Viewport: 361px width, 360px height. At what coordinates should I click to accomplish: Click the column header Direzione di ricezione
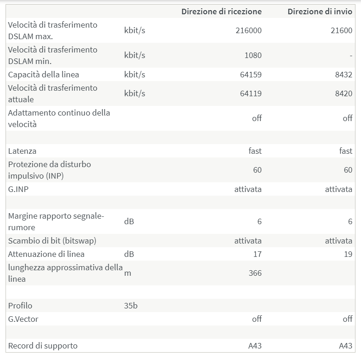tap(221, 12)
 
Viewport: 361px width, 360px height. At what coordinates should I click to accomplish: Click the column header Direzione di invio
tap(320, 12)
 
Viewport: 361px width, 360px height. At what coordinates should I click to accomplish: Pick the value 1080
tap(253, 55)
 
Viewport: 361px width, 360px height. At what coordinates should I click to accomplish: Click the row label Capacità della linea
tap(44, 75)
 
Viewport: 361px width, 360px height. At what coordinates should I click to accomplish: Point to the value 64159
tap(250, 75)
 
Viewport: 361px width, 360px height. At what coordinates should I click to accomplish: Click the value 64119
tap(250, 93)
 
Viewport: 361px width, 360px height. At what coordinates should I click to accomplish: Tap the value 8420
tap(344, 93)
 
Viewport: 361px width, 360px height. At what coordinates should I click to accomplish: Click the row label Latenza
tap(22, 151)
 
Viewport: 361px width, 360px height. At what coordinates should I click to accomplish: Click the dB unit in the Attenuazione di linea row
tap(129, 254)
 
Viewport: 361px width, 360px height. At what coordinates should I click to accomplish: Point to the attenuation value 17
tap(257, 254)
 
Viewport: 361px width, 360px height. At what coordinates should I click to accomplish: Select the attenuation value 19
tap(348, 254)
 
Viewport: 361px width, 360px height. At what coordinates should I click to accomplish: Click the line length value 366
tap(255, 273)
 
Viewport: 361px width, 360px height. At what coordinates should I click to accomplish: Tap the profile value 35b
tap(131, 306)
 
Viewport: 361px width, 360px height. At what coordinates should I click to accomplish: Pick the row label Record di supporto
tap(43, 346)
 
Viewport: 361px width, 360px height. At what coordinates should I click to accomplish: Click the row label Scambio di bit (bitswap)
tap(52, 241)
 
